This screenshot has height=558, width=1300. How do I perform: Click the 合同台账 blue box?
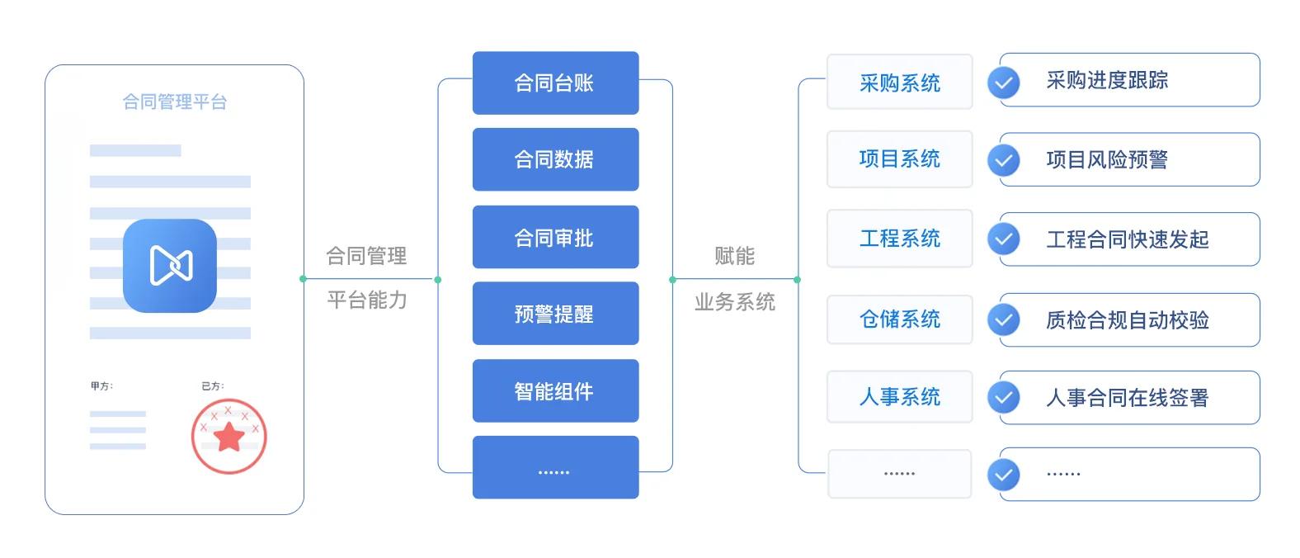tap(555, 83)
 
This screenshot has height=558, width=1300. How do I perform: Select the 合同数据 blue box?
tap(555, 159)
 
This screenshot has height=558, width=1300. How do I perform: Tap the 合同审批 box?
tap(555, 237)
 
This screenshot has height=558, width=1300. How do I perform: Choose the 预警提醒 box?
tap(555, 314)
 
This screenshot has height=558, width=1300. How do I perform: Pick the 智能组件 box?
tap(555, 390)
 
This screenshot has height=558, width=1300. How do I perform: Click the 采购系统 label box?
tap(900, 82)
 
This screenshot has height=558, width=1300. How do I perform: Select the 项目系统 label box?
tap(900, 159)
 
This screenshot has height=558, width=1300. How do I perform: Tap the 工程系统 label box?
tap(900, 239)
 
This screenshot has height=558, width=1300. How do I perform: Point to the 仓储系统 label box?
tap(900, 319)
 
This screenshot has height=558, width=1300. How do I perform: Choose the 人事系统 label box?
tap(900, 396)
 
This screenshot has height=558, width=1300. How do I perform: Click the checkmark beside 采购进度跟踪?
tap(1003, 83)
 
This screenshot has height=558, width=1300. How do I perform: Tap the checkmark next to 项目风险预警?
tap(1003, 160)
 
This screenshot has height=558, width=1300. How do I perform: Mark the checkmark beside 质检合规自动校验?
tap(1003, 320)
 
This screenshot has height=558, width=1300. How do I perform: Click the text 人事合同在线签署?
tap(1127, 398)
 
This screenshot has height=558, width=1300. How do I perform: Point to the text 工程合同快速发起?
tap(1127, 239)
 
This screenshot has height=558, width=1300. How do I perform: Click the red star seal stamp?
tap(229, 436)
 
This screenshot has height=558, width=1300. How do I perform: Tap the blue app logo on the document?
tap(170, 266)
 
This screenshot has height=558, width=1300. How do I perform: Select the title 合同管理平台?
tap(175, 102)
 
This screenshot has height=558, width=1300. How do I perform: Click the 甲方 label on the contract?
tap(101, 386)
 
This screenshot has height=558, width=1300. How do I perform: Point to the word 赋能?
tap(735, 256)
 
